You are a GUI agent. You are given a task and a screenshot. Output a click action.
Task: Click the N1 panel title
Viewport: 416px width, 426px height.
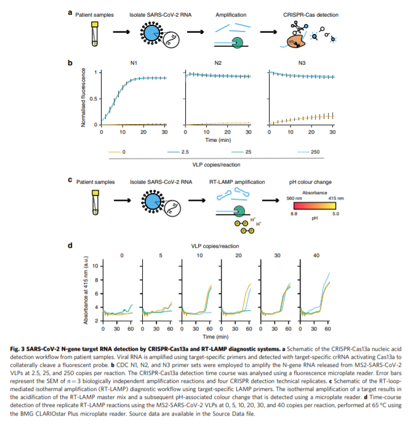pos(133,63)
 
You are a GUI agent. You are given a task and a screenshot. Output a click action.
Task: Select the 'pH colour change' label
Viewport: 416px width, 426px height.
pos(310,182)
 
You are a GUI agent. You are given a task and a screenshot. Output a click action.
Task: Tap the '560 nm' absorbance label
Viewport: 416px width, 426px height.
pos(296,198)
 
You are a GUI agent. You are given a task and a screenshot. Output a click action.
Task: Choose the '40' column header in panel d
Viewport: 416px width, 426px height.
pos(317,255)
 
